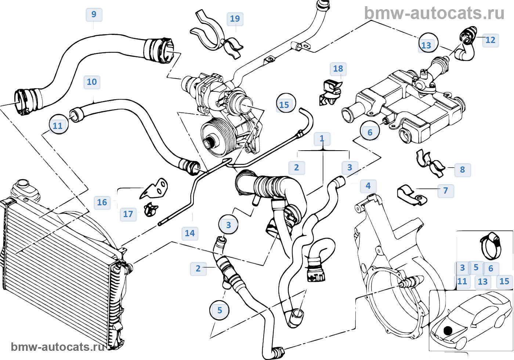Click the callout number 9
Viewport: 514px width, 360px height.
(x=94, y=14)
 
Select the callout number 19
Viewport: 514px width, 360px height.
(x=235, y=19)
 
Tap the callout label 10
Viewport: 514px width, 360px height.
(x=92, y=82)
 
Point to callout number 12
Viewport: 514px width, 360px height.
(x=490, y=40)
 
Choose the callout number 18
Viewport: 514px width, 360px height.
(x=338, y=69)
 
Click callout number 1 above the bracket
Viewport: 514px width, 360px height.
(x=322, y=139)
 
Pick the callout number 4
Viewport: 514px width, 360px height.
(x=368, y=186)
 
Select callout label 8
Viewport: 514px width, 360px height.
(x=462, y=170)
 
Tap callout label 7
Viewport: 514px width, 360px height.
(x=445, y=191)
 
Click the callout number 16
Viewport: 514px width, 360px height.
(x=102, y=202)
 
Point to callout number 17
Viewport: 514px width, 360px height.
(x=128, y=214)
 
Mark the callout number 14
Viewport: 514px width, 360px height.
(x=190, y=233)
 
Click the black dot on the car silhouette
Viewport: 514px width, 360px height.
(x=448, y=331)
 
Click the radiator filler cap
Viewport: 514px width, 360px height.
(x=23, y=183)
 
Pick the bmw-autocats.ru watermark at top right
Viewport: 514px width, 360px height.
(x=434, y=13)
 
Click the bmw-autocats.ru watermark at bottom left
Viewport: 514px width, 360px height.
(x=58, y=347)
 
